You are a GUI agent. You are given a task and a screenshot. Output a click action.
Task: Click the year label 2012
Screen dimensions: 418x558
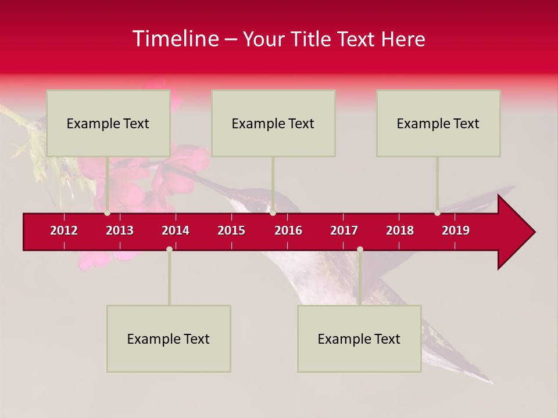pyautogui.click(x=64, y=230)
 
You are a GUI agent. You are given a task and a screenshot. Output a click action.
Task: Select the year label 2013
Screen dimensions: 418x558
pyautogui.click(x=120, y=230)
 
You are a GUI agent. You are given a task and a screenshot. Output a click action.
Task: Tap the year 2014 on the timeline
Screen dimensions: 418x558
pyautogui.click(x=176, y=230)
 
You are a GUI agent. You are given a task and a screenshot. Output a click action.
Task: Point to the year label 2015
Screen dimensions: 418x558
pyautogui.click(x=231, y=230)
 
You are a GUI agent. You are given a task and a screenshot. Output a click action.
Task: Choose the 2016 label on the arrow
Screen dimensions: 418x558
pyautogui.click(x=288, y=230)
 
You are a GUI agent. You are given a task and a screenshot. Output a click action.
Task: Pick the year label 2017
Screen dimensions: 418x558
pyautogui.click(x=344, y=230)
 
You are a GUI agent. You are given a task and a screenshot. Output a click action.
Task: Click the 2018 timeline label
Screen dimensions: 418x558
pyautogui.click(x=400, y=230)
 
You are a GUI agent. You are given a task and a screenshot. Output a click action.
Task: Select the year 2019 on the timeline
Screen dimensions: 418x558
pyautogui.click(x=456, y=230)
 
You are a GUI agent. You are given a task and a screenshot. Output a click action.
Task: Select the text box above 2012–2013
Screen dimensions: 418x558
pyautogui.click(x=108, y=123)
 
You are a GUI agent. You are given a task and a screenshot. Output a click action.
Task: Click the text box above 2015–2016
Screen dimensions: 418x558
pyautogui.click(x=273, y=123)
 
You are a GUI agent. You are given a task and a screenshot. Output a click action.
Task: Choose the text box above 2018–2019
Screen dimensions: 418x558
pyautogui.click(x=438, y=123)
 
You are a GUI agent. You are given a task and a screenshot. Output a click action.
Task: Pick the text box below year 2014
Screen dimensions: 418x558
pyautogui.click(x=169, y=338)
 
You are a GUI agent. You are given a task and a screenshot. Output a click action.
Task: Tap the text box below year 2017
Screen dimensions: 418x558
pyautogui.click(x=359, y=338)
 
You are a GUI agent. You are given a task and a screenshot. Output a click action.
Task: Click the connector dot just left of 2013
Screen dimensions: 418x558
pyautogui.click(x=107, y=213)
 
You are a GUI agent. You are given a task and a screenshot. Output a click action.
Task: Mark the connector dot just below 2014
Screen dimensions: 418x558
pyautogui.click(x=169, y=249)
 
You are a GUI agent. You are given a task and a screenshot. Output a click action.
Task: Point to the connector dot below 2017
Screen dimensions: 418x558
pyautogui.click(x=360, y=249)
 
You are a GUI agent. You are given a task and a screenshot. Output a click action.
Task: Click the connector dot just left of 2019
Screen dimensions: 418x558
pyautogui.click(x=437, y=213)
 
